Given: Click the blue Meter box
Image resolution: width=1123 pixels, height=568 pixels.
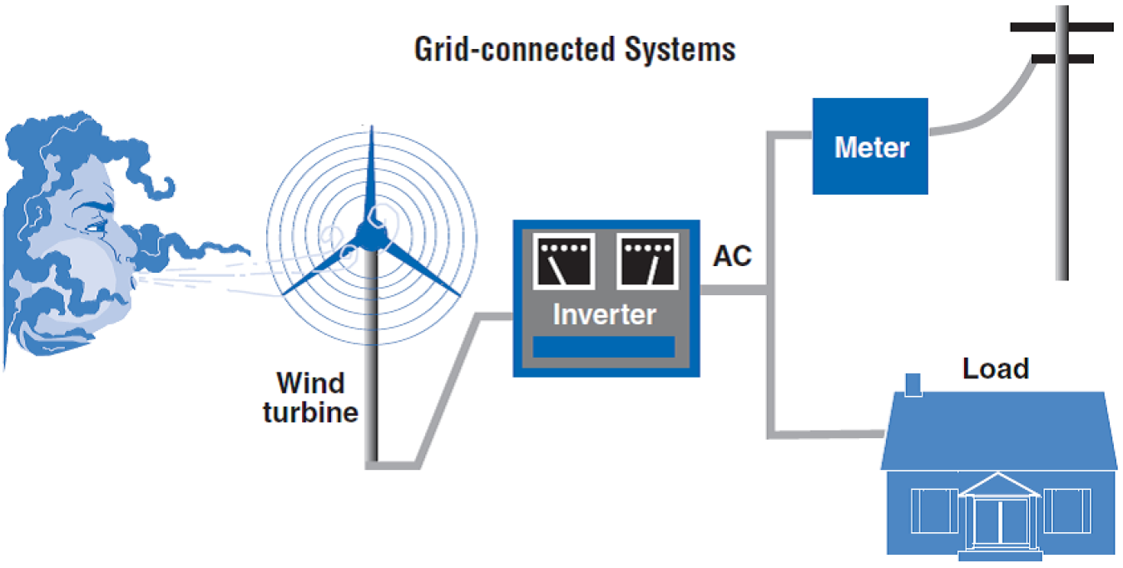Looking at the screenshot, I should (870, 146).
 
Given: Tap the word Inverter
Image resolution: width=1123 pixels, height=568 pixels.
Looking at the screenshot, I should (604, 315).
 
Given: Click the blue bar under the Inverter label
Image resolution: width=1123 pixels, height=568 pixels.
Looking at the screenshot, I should (603, 347).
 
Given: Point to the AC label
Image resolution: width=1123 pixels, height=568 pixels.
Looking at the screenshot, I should (732, 257).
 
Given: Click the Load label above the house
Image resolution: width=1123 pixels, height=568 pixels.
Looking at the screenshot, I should (995, 368).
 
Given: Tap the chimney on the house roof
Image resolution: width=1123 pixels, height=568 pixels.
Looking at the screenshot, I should (913, 385).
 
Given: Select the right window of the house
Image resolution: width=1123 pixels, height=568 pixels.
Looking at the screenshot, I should (1066, 510).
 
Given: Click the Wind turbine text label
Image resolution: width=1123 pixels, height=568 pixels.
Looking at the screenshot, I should (310, 398).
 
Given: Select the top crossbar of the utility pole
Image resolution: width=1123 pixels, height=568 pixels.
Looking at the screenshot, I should (1061, 27).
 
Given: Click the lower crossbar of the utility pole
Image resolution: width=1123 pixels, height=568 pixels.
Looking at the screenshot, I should (1061, 59).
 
